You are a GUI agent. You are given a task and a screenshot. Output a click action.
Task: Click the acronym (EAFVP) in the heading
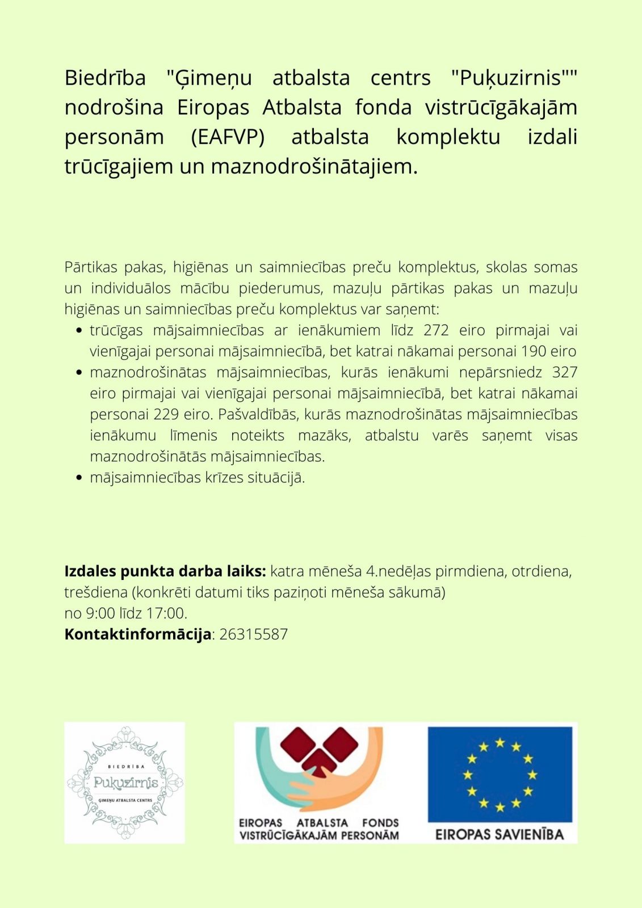[x=228, y=137]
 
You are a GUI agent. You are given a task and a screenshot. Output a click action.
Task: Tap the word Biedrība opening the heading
[x=105, y=78]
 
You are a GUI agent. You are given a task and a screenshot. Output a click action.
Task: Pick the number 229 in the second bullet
[x=166, y=414]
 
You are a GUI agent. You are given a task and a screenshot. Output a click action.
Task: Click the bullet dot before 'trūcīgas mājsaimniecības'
[x=79, y=331]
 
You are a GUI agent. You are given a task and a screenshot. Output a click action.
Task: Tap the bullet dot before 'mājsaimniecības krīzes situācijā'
[x=79, y=478]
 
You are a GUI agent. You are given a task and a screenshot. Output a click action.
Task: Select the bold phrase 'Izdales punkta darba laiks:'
[x=165, y=571]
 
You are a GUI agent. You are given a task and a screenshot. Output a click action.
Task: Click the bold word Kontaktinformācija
[x=137, y=634]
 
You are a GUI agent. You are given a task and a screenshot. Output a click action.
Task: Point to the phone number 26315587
[x=253, y=634]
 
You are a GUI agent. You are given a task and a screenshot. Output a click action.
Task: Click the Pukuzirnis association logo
[x=125, y=783]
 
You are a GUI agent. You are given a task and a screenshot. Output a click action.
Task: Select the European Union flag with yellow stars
[x=500, y=774]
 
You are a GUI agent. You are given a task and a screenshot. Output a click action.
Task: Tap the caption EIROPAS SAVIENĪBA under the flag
[x=500, y=834]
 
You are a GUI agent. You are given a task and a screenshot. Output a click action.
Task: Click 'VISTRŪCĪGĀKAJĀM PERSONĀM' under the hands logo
[x=319, y=835]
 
